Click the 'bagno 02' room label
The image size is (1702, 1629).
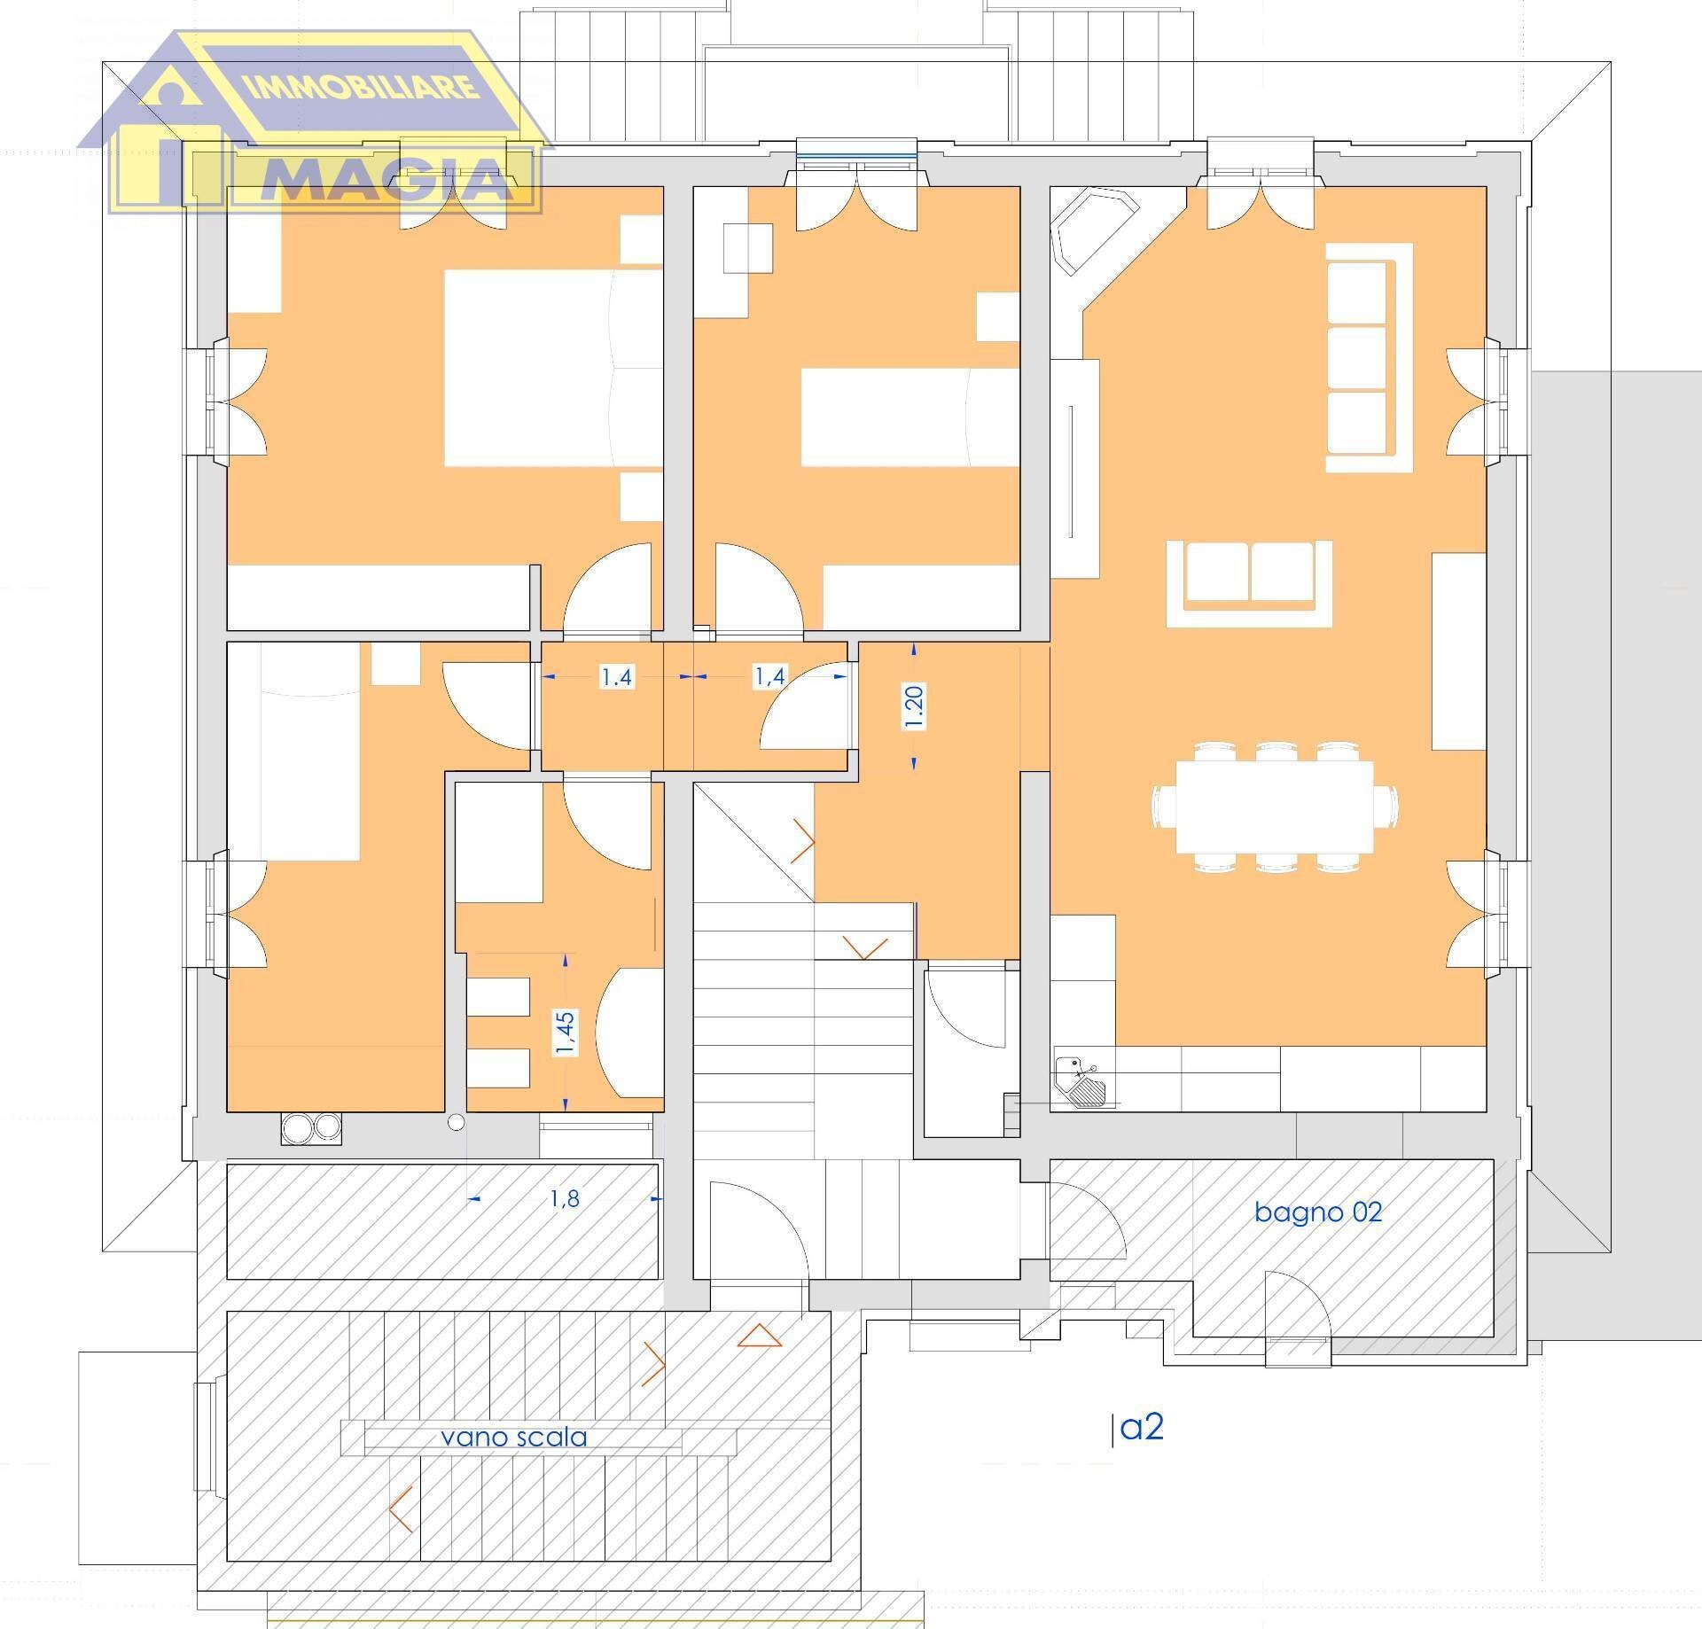pos(1317,1212)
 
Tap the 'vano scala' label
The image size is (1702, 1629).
pos(514,1436)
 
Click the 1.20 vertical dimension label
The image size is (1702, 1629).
pos(915,706)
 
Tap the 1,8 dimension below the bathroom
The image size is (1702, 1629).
pos(565,1199)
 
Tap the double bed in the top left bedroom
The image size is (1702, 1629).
pos(553,368)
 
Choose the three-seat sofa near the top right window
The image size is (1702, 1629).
pos(1369,357)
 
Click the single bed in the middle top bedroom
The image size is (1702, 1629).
pos(910,417)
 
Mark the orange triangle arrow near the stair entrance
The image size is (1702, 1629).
pos(761,1336)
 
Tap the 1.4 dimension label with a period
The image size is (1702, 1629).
pos(617,677)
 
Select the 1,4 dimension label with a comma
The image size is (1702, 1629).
pos(769,676)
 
